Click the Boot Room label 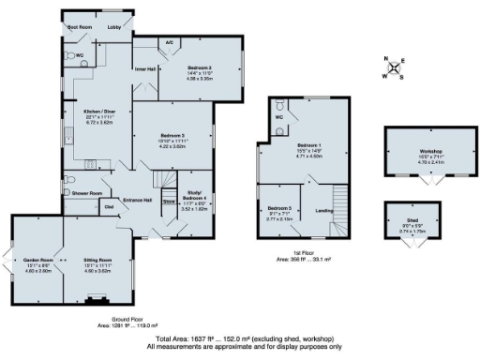pos(79,28)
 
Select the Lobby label pos(115,28)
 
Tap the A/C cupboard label pos(169,43)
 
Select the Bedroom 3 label pos(176,136)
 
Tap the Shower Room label pos(86,193)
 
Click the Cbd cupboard pos(109,206)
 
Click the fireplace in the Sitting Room pos(93,300)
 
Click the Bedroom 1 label pos(308,146)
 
